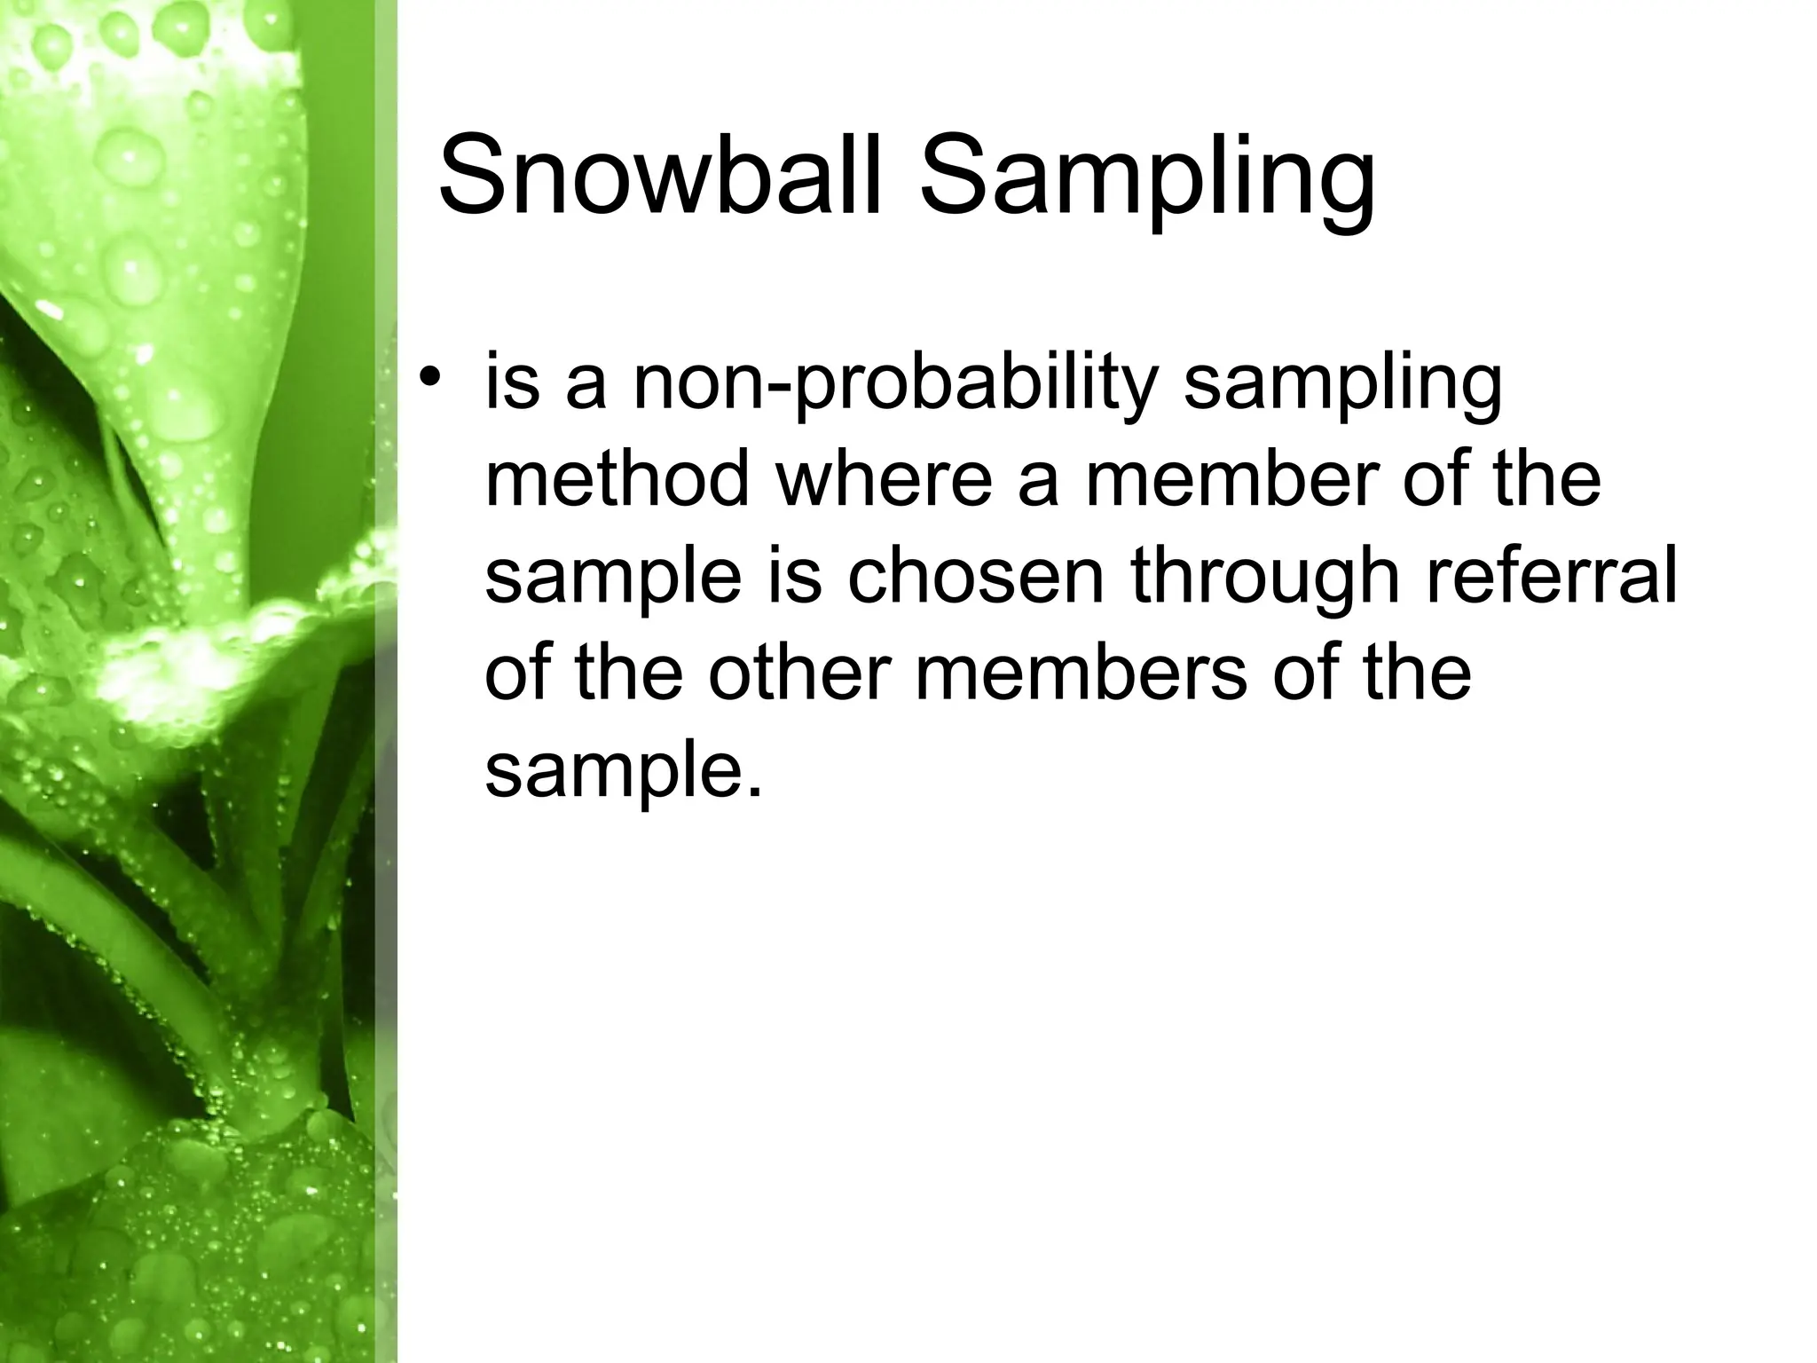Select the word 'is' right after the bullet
point(512,382)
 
